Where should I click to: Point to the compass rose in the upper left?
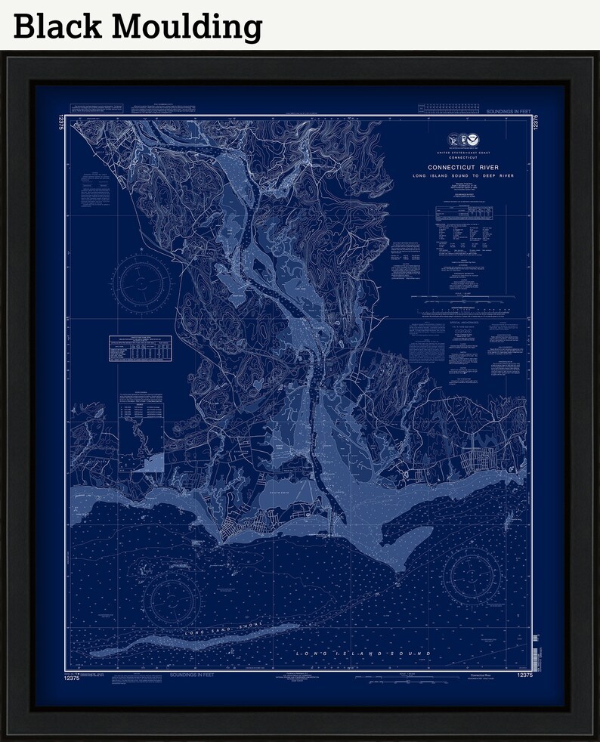point(141,285)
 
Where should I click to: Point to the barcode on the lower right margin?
point(536,648)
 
